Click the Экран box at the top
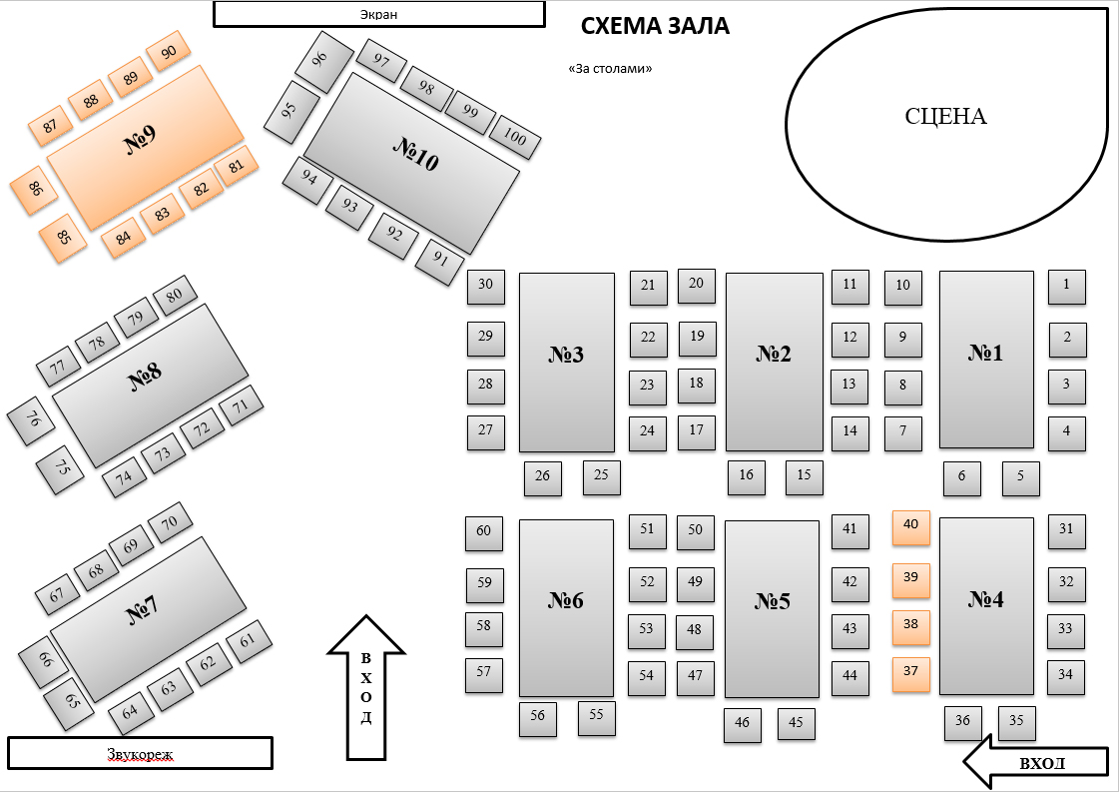tap(379, 14)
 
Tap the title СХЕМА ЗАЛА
tap(655, 26)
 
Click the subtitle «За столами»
tap(610, 69)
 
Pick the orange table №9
tap(145, 148)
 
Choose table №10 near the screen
tap(412, 163)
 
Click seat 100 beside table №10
tap(514, 137)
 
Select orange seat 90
tap(169, 51)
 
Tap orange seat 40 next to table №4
tap(911, 527)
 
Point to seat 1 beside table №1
tap(1067, 287)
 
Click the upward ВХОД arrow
tap(366, 687)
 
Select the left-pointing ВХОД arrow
tap(1036, 761)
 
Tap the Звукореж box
tap(140, 753)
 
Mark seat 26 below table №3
tap(542, 478)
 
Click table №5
tap(773, 609)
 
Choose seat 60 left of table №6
tap(484, 533)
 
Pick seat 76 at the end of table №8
tap(31, 420)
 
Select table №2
tap(775, 363)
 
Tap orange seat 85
tap(63, 239)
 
